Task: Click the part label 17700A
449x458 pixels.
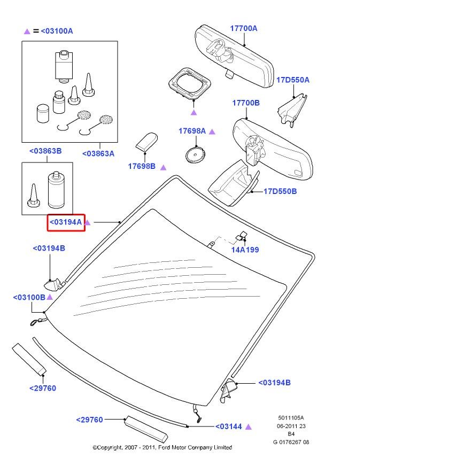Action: coord(244,28)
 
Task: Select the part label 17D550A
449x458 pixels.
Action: coord(292,80)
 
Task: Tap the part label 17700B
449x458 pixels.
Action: coord(245,103)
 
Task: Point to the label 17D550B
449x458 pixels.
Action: coord(280,191)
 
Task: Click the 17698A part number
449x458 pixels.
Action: coord(192,131)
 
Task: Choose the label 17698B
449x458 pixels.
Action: coord(141,166)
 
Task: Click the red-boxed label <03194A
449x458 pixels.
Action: coord(66,222)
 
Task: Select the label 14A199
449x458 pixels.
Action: coord(245,250)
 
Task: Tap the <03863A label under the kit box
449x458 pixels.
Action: coord(98,153)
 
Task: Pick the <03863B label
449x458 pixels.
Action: coord(45,151)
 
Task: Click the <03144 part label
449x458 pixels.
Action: coord(229,426)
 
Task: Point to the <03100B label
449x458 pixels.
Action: coord(29,297)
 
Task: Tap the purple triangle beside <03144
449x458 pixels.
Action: coord(249,426)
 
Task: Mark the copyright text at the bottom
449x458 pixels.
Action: coord(162,447)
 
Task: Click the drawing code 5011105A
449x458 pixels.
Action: coord(291,418)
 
